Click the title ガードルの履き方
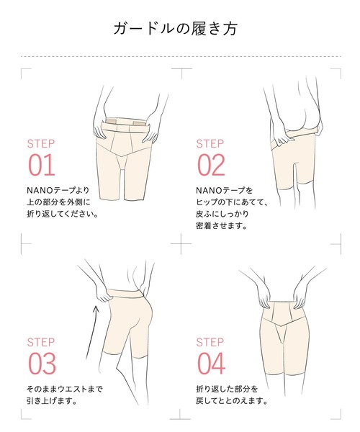tap(176, 28)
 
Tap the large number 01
tap(42, 165)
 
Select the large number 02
tap(211, 165)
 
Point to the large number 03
tap(42, 364)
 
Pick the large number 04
tap(211, 364)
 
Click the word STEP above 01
tap(41, 144)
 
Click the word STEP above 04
tap(210, 342)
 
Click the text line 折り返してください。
tap(62, 214)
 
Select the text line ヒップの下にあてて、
tap(232, 202)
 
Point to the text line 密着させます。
tap(221, 226)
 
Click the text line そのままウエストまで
tap(65, 389)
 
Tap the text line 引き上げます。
tap(52, 401)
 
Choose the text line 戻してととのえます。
tap(232, 401)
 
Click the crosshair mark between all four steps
tap(181, 244)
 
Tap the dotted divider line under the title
tap(181, 56)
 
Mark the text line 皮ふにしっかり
tap(222, 214)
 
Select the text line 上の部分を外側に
tap(58, 202)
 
